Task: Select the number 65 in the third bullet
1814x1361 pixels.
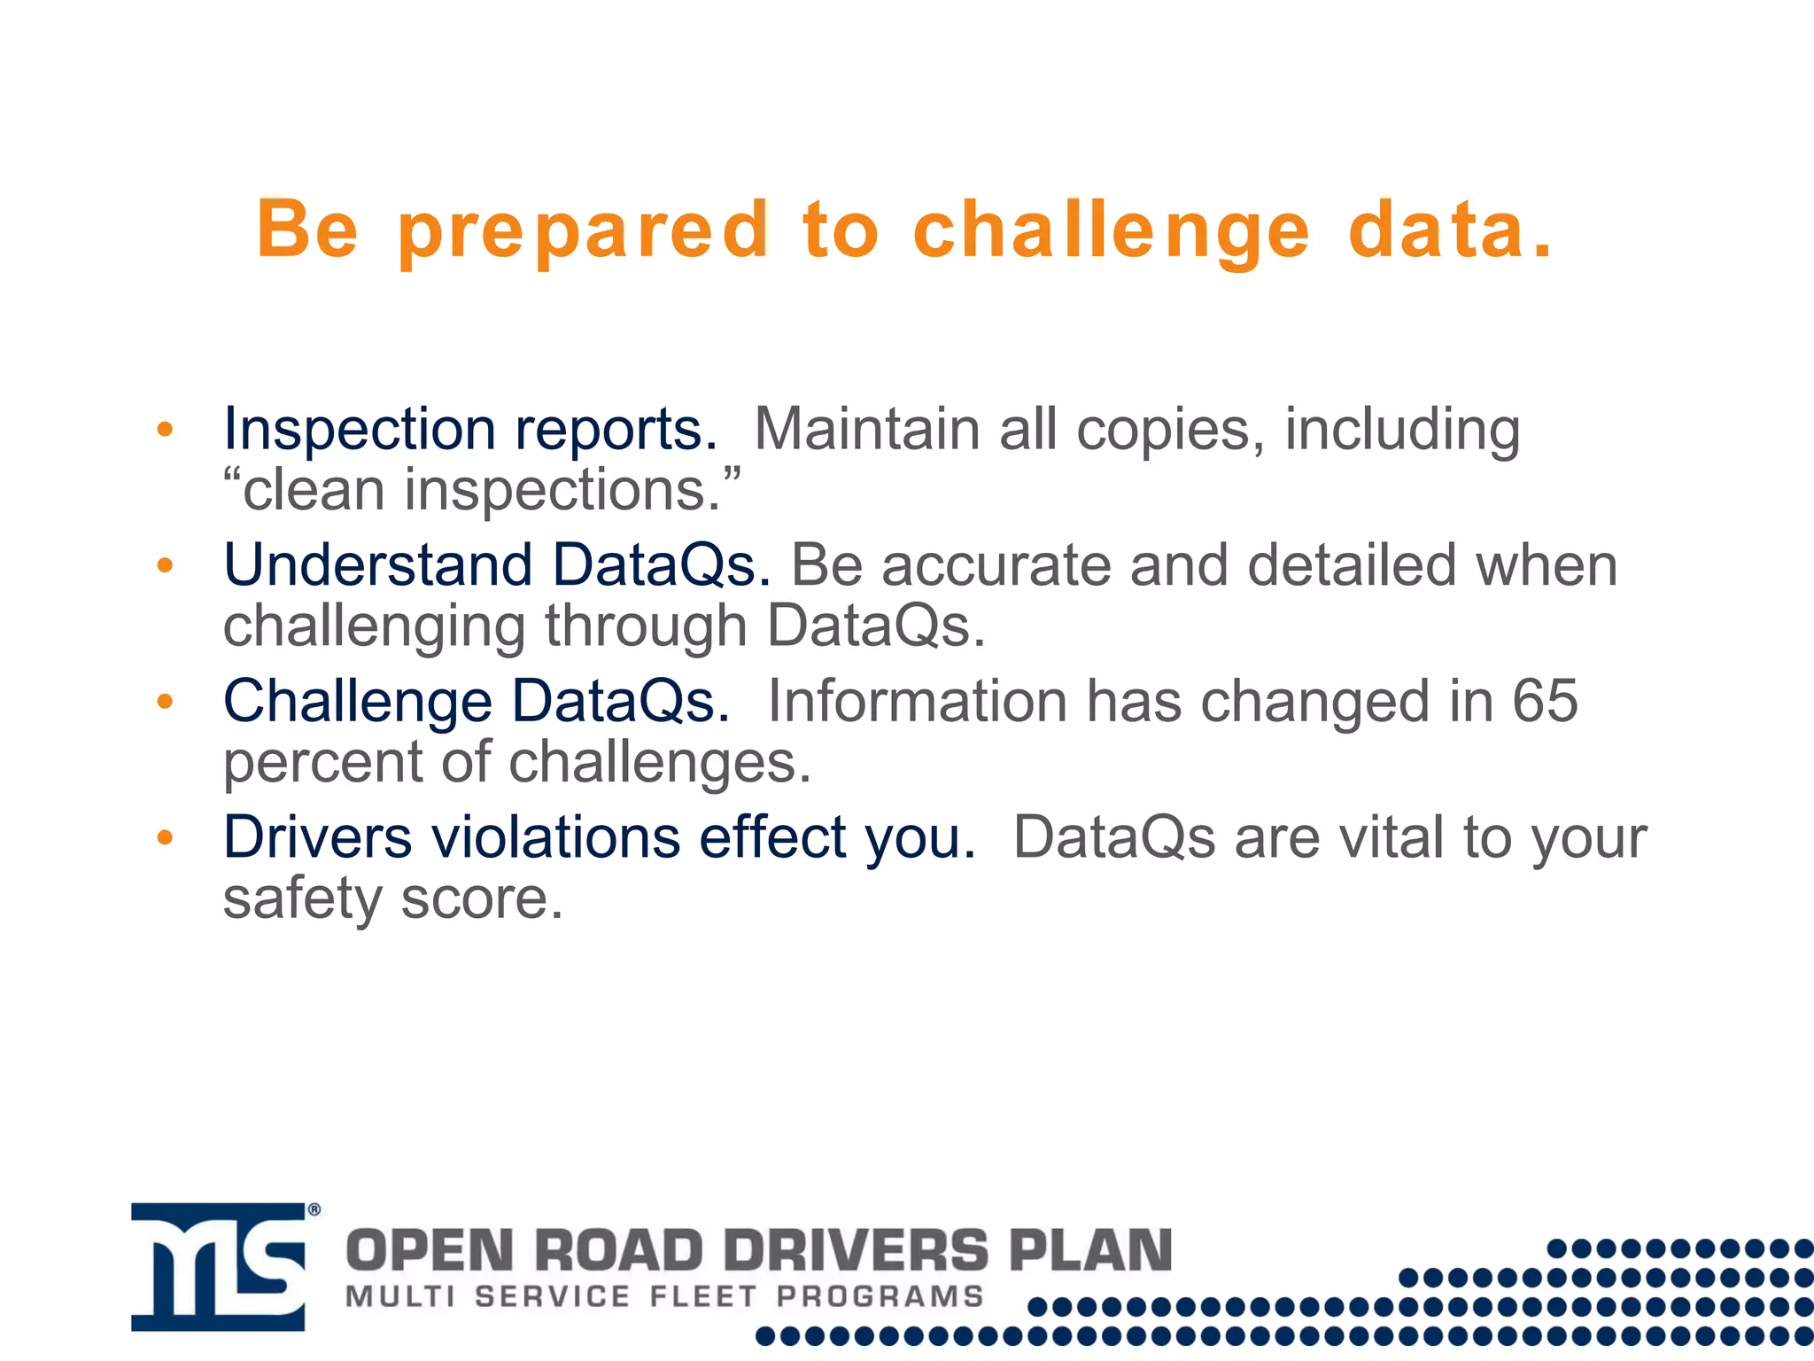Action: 1545,701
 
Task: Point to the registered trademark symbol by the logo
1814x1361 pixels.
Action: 314,1209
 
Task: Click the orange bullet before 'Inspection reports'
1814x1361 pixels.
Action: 165,430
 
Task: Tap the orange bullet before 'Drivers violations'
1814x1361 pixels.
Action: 165,837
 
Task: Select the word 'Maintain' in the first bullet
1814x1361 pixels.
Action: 867,429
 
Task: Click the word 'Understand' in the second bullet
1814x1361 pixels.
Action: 377,565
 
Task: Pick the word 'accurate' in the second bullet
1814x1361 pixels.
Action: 996,565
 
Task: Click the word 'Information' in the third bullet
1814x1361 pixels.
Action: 917,701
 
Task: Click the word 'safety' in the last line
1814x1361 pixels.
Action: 301,899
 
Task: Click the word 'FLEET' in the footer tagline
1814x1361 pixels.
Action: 703,1296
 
